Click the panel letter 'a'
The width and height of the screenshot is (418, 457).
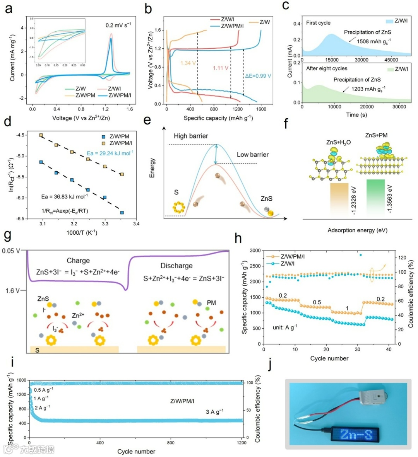pos(9,9)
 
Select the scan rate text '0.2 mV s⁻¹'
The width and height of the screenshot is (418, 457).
pos(118,25)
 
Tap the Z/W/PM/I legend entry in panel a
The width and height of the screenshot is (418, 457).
pos(120,95)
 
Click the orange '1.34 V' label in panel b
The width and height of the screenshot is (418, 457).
pos(188,63)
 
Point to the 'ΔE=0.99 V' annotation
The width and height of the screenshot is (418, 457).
pos(258,76)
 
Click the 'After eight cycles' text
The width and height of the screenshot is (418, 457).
pos(327,68)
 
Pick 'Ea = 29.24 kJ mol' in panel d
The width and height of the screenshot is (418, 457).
pos(110,153)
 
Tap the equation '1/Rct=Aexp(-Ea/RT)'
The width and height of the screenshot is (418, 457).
pos(65,210)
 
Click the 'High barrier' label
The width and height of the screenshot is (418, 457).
pos(191,136)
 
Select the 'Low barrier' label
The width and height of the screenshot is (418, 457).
pos(252,155)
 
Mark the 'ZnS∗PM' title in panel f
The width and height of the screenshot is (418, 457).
pos(376,135)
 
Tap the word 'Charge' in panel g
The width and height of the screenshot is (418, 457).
pos(78,261)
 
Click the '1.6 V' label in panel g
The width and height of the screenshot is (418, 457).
pos(12,290)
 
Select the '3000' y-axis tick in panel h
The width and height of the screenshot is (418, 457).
pos(254,251)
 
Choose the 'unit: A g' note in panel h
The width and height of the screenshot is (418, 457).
pos(285,327)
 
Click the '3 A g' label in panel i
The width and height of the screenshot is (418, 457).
pos(214,412)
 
